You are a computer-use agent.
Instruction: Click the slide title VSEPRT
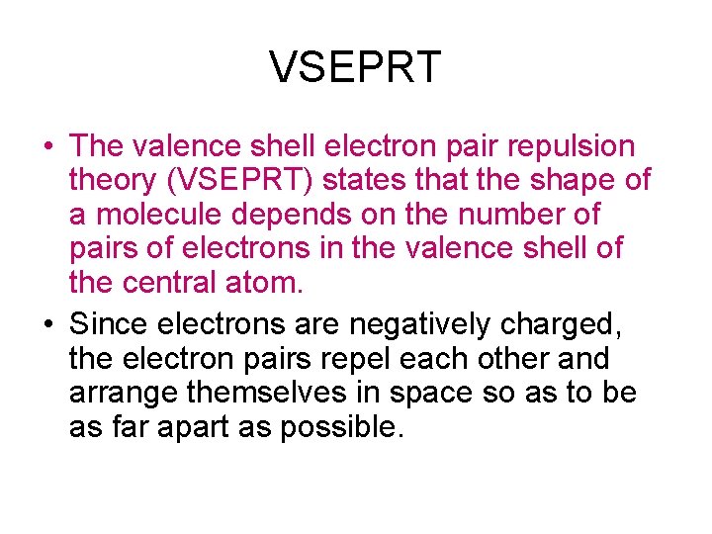(355, 67)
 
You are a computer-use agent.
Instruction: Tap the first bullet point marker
(47, 147)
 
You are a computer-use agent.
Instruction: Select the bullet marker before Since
(47, 325)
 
